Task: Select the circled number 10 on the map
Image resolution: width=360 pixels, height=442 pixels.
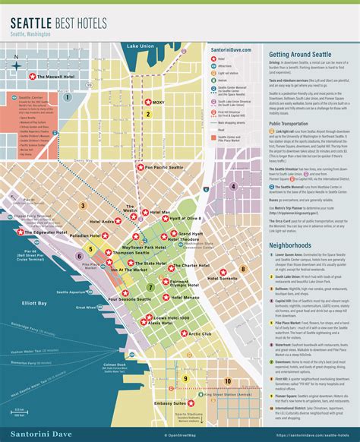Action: click(x=228, y=380)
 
